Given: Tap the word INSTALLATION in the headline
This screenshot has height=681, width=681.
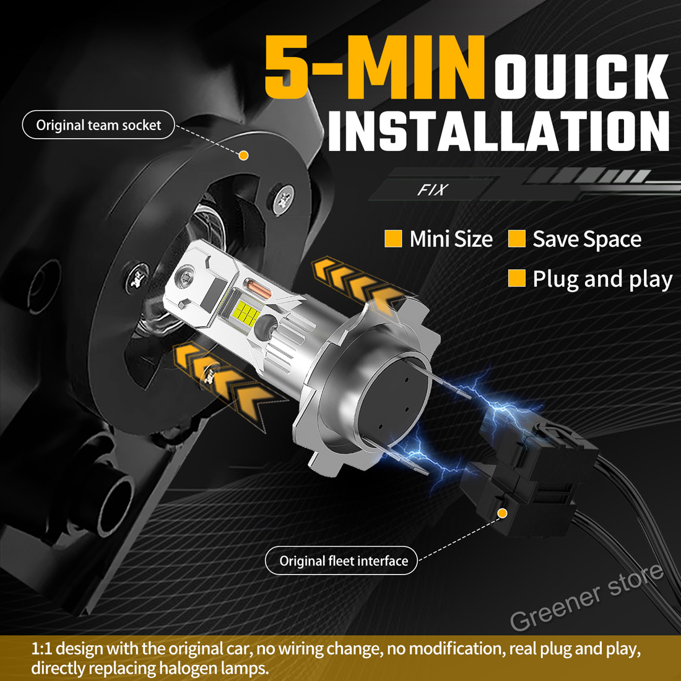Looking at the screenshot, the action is pyautogui.click(x=498, y=130).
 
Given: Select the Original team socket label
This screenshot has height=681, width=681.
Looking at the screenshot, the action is pyautogui.click(x=98, y=125).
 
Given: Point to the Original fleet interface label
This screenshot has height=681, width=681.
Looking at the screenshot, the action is pyautogui.click(x=341, y=561).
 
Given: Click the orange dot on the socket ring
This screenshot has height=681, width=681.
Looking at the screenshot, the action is pyautogui.click(x=244, y=155).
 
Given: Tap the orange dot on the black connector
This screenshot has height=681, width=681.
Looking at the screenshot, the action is pyautogui.click(x=503, y=514).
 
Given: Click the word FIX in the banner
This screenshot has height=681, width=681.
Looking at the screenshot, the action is pyautogui.click(x=433, y=190).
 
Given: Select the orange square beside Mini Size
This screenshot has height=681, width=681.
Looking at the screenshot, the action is pyautogui.click(x=393, y=239).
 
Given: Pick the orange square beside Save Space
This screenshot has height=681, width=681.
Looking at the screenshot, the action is pyautogui.click(x=517, y=239).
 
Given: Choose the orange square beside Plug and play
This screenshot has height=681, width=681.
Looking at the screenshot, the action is pyautogui.click(x=517, y=278).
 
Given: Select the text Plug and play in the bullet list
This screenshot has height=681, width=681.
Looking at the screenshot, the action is pyautogui.click(x=602, y=279).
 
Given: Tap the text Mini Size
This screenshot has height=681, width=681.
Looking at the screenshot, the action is pyautogui.click(x=451, y=240).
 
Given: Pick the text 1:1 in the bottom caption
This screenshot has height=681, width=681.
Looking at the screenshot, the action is pyautogui.click(x=41, y=649).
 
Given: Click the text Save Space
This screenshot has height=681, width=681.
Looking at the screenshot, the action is pyautogui.click(x=587, y=240).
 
